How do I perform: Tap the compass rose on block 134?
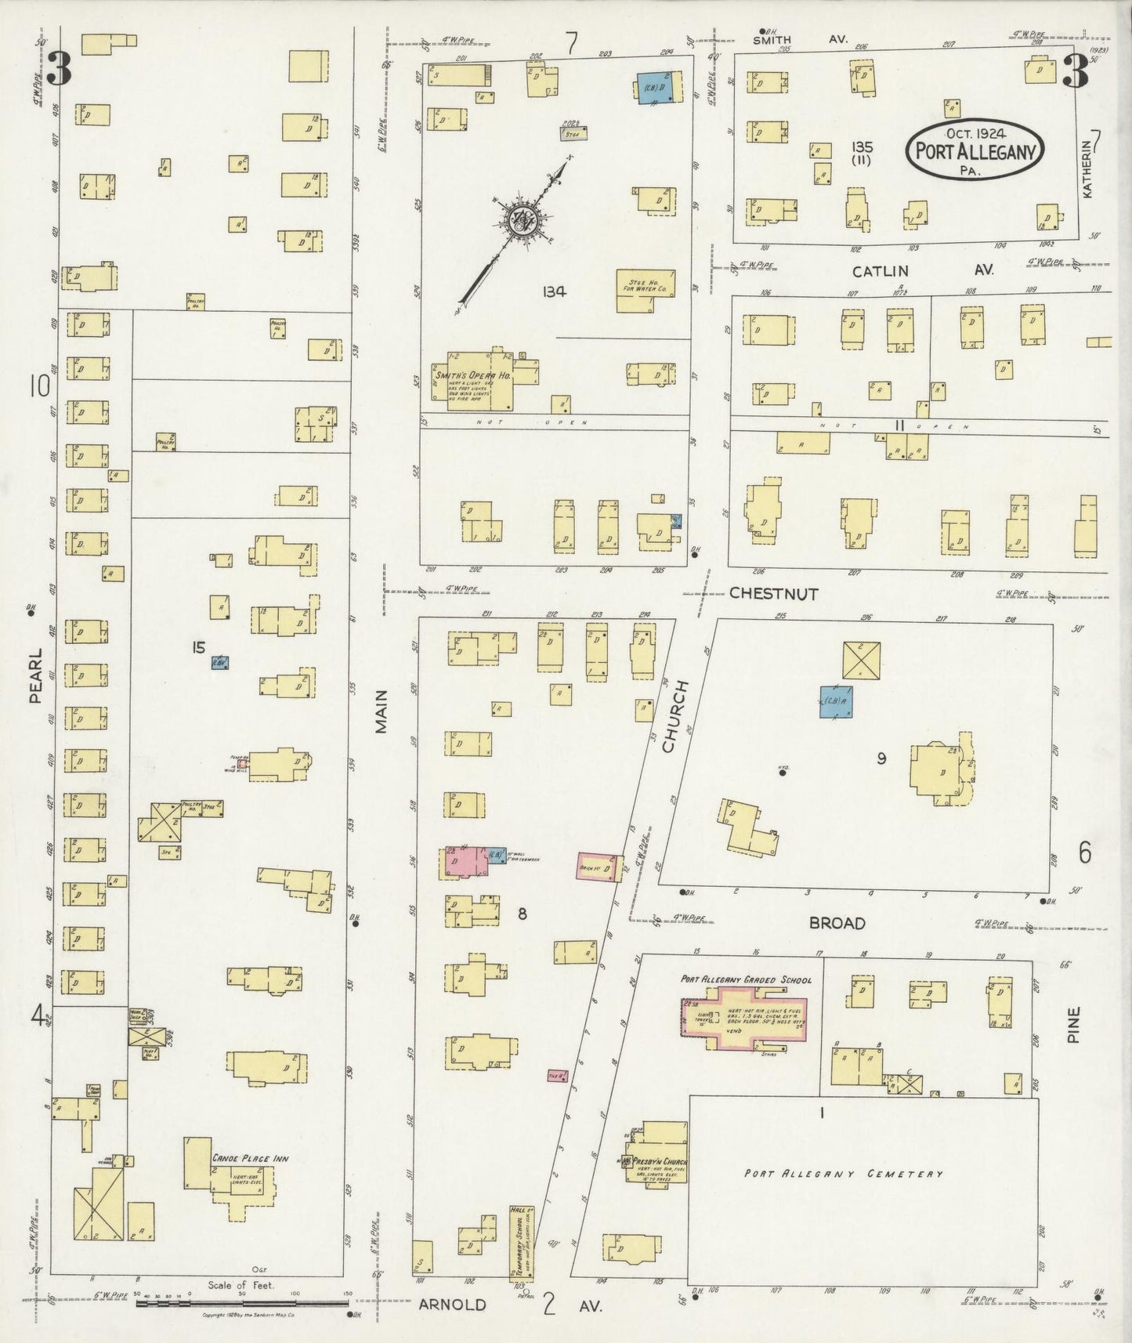pos(521,220)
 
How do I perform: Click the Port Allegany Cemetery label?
pos(843,1174)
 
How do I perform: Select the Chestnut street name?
pos(773,594)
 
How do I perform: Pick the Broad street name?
pos(837,924)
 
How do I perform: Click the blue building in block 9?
pos(836,701)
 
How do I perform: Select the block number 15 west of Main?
pos(198,647)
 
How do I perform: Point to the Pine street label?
pos(1072,1024)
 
